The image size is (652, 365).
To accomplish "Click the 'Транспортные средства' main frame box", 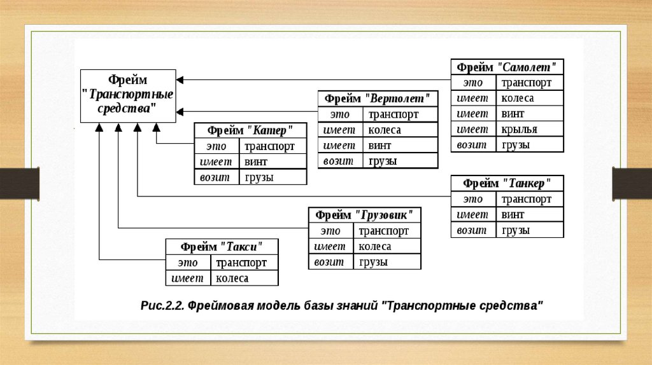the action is [127, 95].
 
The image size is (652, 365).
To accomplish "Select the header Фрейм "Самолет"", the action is [507, 67].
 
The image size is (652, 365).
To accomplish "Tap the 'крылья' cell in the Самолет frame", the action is [531, 129].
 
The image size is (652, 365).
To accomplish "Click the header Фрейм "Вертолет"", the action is [378, 99].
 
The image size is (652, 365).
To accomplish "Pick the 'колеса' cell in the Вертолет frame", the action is [400, 130].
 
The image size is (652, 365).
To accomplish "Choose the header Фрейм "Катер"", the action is [250, 130].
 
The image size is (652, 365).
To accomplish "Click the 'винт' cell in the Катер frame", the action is [273, 162].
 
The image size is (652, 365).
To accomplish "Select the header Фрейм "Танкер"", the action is [507, 183].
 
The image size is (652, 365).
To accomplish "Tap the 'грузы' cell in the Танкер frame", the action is [531, 230].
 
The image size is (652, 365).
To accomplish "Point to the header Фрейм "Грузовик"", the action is [364, 215].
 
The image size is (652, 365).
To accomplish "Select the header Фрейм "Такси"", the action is [222, 247].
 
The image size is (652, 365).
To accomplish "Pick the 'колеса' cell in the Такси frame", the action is [244, 278].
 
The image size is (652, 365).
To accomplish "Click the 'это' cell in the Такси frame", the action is [188, 263].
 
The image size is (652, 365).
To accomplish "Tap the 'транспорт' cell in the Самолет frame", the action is [531, 83].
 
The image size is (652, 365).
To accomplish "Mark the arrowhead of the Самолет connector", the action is [180, 79].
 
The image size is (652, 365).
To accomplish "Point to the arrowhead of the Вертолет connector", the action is [180, 112].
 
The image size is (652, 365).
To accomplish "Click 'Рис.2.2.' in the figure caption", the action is [162, 306].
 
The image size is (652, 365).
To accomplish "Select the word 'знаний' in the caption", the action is [354, 306].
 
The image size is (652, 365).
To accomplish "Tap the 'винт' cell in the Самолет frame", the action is [531, 114].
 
